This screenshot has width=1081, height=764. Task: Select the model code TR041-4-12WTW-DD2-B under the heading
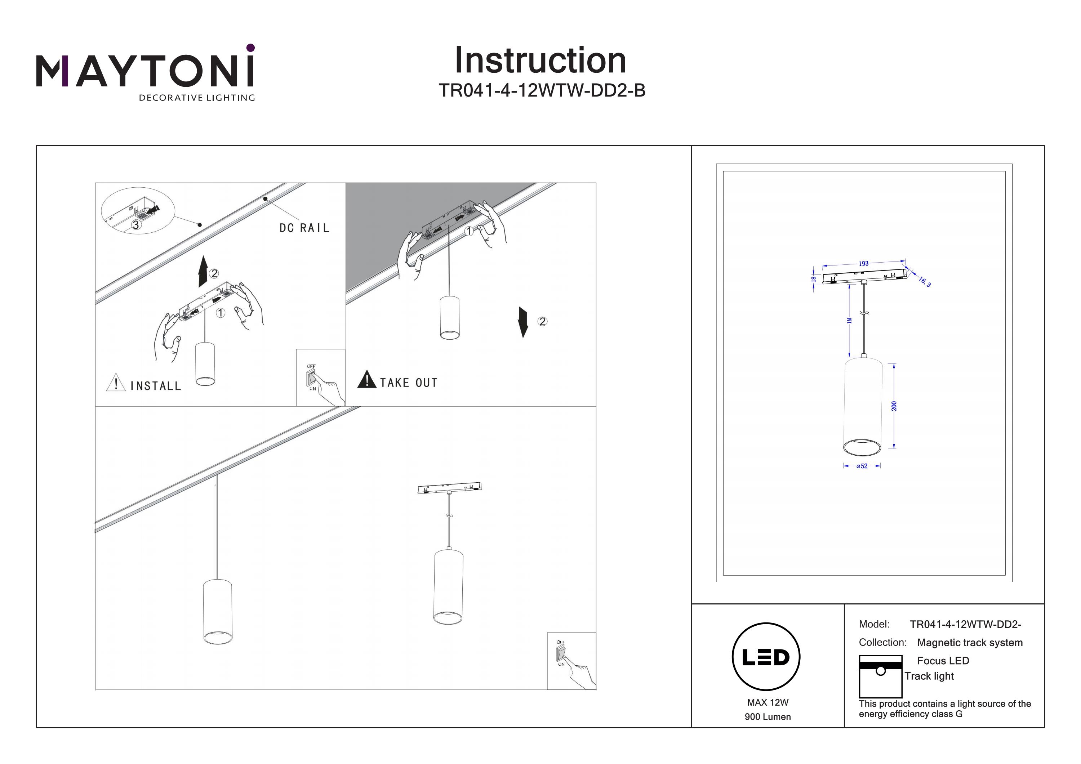point(542,90)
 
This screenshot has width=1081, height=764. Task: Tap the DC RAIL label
point(304,228)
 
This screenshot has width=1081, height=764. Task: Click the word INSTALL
point(155,386)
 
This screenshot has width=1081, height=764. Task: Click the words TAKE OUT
point(409,383)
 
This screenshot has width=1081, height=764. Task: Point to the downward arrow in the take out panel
point(522,322)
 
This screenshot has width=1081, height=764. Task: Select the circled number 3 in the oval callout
point(135,225)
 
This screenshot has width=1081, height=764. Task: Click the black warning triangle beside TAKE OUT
point(367,379)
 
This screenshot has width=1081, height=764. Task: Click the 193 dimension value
point(863,264)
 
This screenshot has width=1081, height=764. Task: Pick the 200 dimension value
point(894,406)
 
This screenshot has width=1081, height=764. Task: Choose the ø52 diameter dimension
point(862,466)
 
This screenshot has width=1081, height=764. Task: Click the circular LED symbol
point(766,657)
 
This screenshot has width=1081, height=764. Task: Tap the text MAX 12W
point(768,702)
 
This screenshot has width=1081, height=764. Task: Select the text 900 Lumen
point(768,717)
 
